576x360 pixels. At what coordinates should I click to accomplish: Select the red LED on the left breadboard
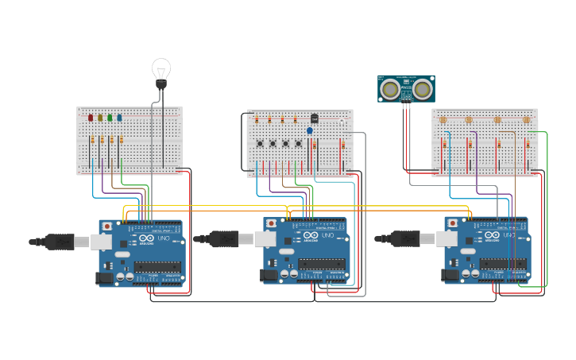coord(91,118)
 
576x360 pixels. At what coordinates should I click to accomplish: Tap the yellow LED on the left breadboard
coord(100,118)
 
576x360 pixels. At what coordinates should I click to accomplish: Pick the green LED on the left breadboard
coord(110,118)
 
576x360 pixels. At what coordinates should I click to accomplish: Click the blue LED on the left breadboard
coord(119,118)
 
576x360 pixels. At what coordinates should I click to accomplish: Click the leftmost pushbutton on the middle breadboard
coord(260,143)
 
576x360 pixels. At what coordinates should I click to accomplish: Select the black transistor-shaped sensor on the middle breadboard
coord(314,118)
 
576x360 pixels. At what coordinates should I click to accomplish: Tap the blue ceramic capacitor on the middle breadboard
coord(310,130)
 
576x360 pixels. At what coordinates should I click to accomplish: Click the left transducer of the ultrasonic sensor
coord(390,88)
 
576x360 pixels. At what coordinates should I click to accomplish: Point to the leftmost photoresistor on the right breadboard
coord(443,120)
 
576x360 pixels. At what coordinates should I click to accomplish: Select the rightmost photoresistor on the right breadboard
coord(526,120)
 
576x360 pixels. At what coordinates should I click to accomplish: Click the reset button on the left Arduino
coord(107,226)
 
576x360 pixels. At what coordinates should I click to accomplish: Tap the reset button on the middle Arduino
coord(272,224)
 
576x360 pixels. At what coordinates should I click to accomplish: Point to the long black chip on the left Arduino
coord(157,266)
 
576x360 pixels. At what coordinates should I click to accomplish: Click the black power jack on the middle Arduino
coord(269,274)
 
